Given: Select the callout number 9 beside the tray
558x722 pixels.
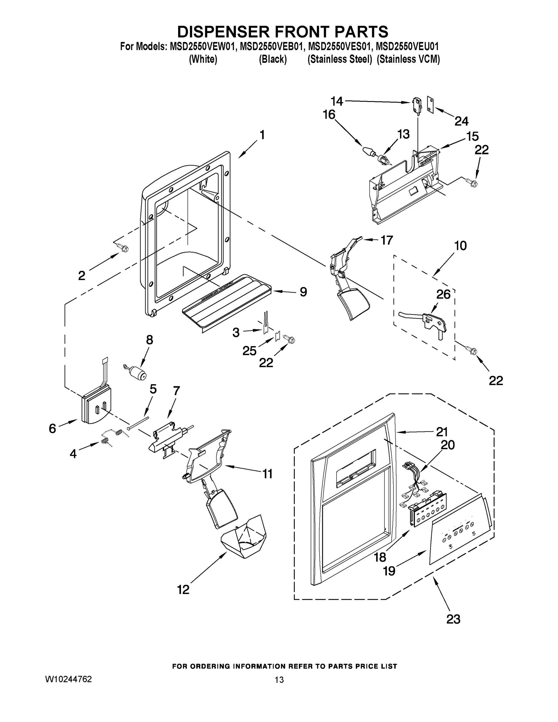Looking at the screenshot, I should (303, 292).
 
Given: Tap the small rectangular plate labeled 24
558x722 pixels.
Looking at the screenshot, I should (430, 105).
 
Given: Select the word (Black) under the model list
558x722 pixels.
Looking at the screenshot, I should (273, 60).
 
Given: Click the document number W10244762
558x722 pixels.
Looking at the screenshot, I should (68, 679).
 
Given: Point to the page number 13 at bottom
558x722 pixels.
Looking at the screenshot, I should (279, 680).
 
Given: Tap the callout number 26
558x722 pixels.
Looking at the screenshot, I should (443, 294).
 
